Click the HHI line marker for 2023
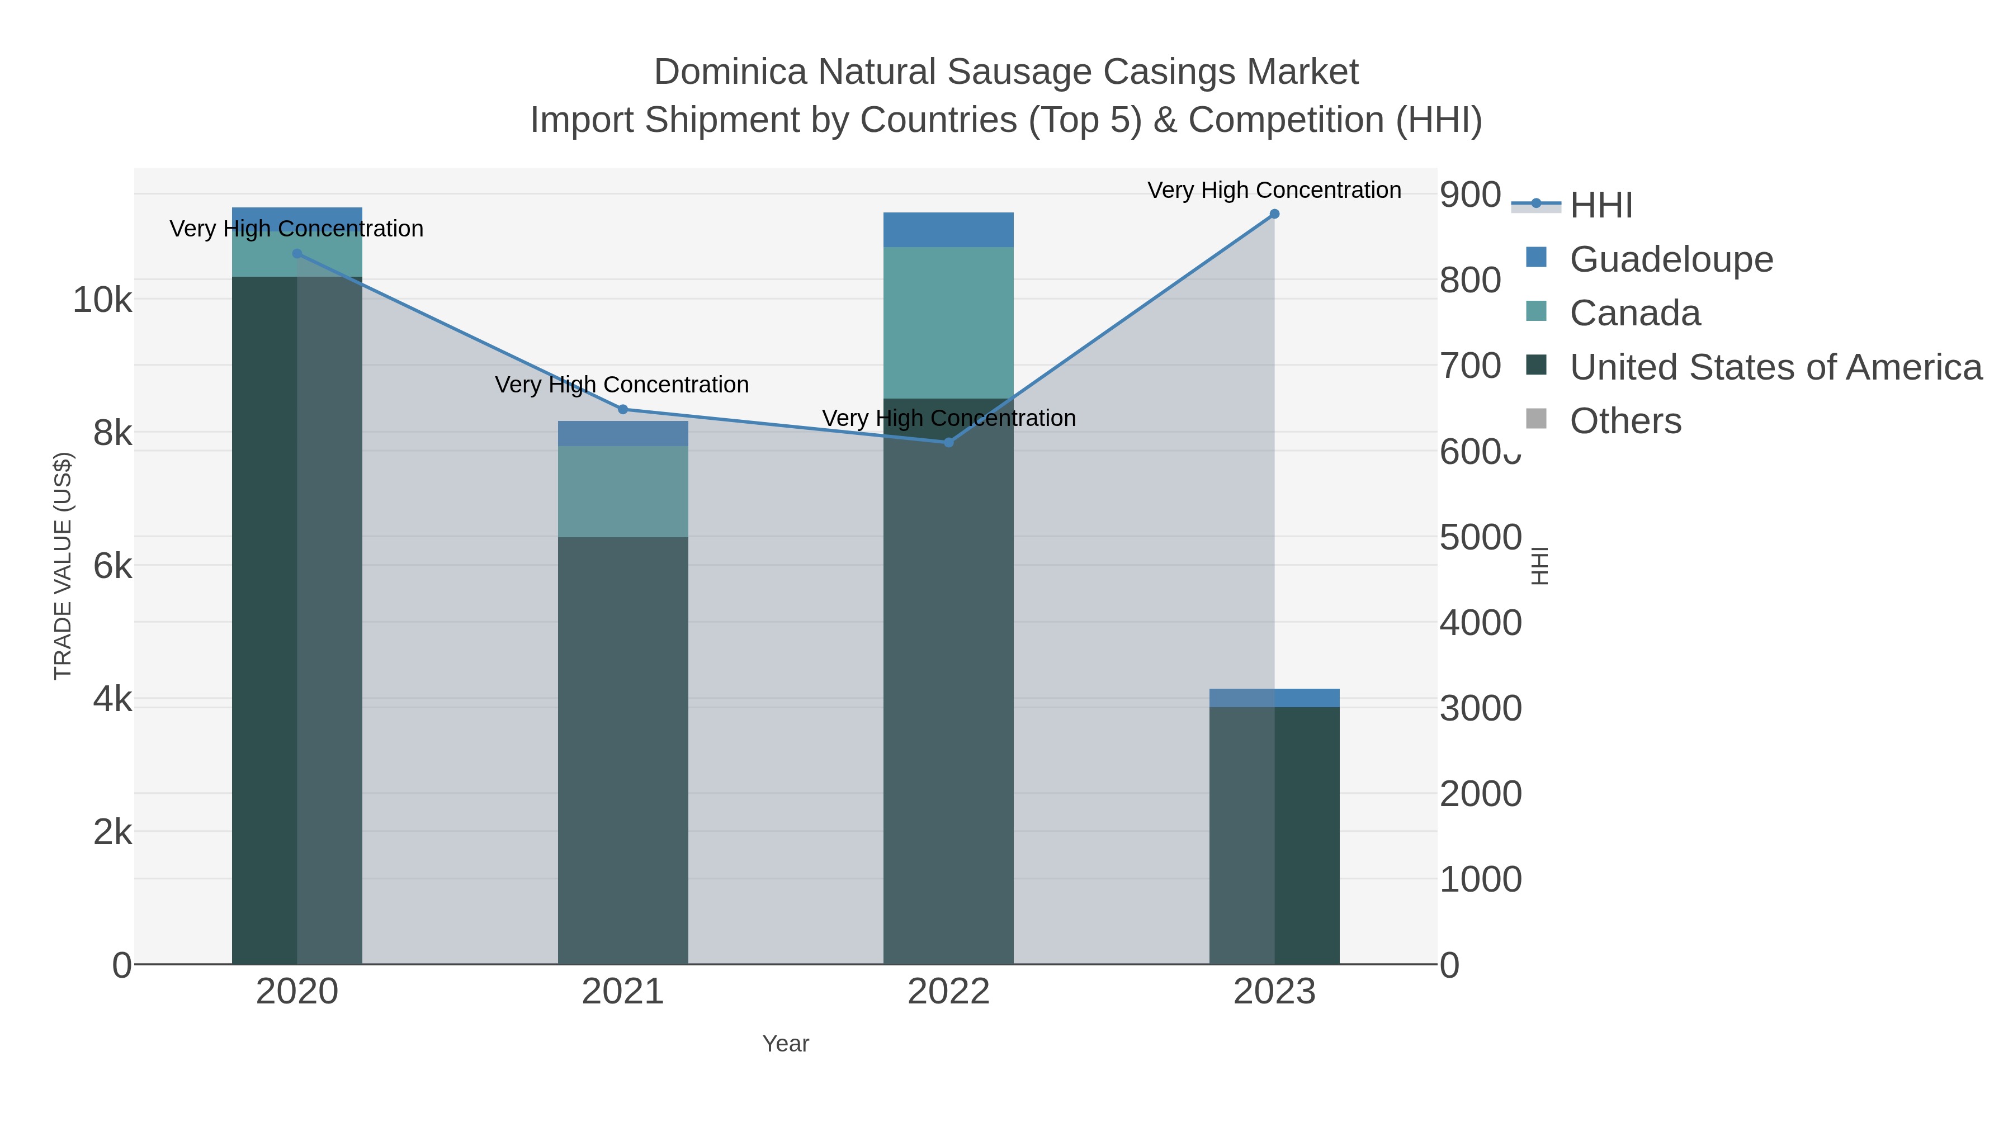click(1274, 214)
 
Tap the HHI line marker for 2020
click(297, 254)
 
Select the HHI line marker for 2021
click(623, 409)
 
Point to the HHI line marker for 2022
click(949, 442)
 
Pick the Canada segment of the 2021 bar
click(623, 491)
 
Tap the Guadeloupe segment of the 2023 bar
click(1274, 698)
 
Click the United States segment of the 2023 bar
click(1307, 836)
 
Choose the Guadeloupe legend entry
click(1671, 259)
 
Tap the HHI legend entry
click(1600, 206)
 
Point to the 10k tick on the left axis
click(102, 300)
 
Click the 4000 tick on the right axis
click(1480, 623)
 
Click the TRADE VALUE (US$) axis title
click(63, 566)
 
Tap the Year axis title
click(786, 1044)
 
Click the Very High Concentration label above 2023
click(1274, 191)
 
